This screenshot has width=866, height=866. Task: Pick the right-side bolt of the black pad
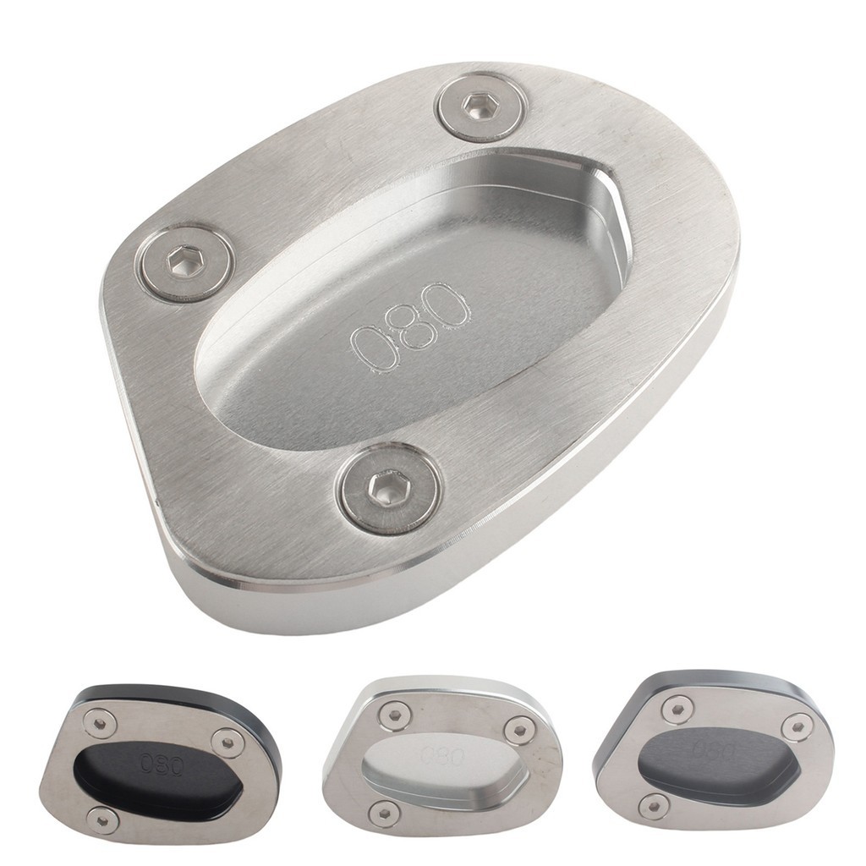[x=225, y=741]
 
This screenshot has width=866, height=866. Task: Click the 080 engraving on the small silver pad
[x=441, y=755]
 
